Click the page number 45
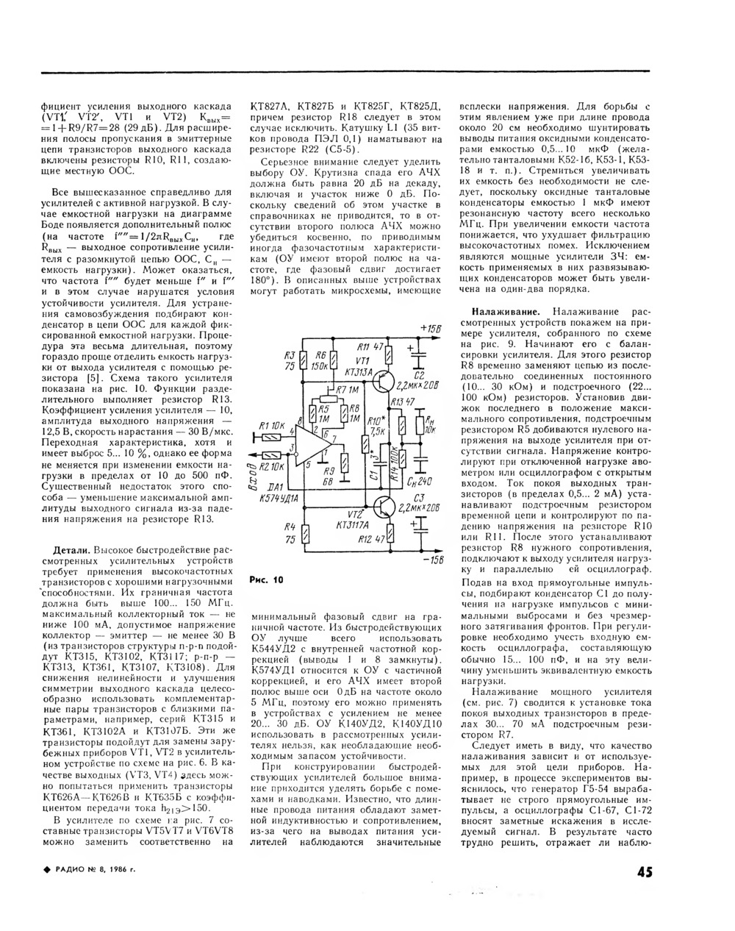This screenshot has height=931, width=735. click(641, 872)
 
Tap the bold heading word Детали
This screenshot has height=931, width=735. click(73, 550)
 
